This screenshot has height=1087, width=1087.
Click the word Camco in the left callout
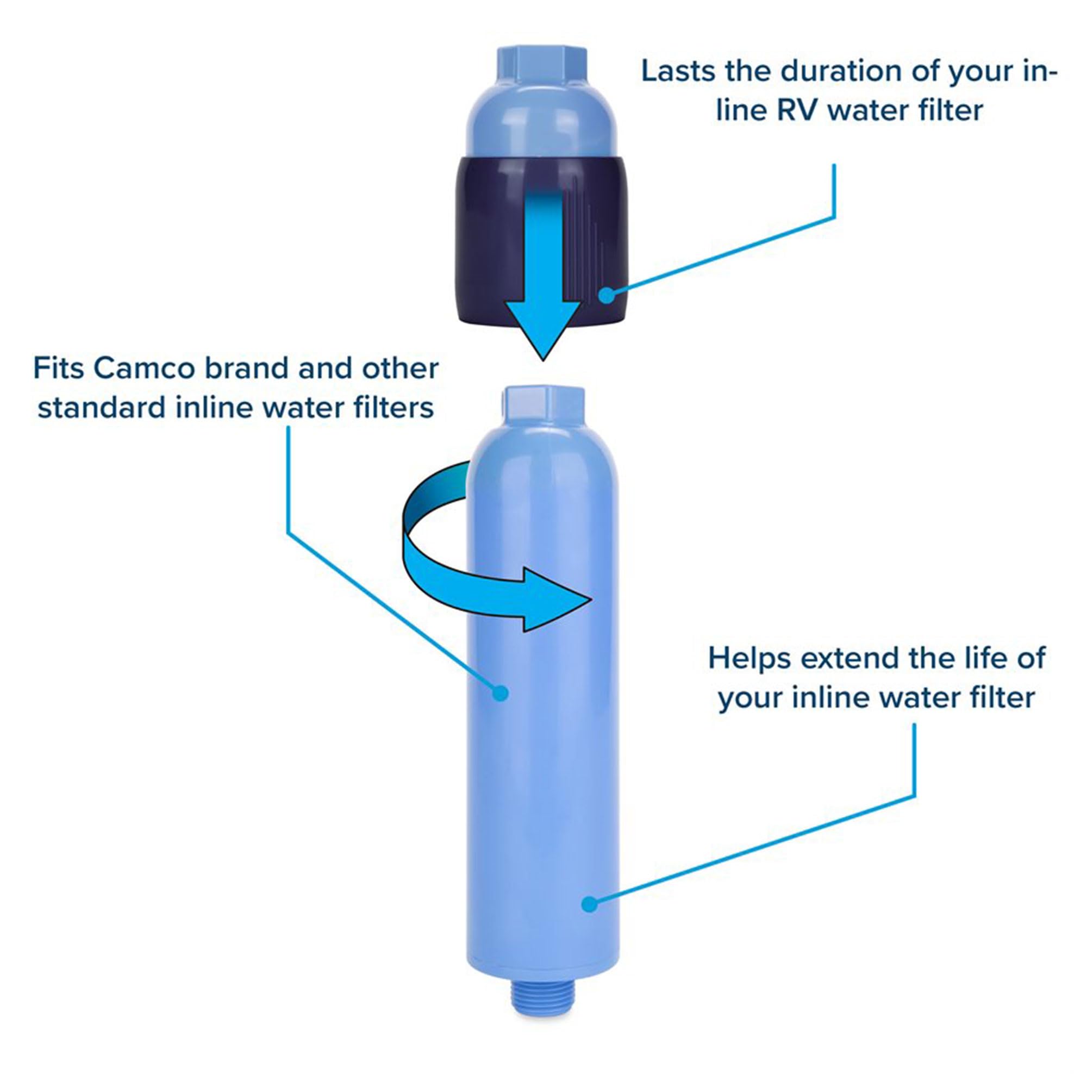tap(145, 368)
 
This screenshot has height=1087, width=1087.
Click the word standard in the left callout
tap(102, 408)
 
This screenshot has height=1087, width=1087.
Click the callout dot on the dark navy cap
tap(606, 295)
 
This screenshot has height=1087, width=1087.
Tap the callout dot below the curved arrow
tap(499, 692)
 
